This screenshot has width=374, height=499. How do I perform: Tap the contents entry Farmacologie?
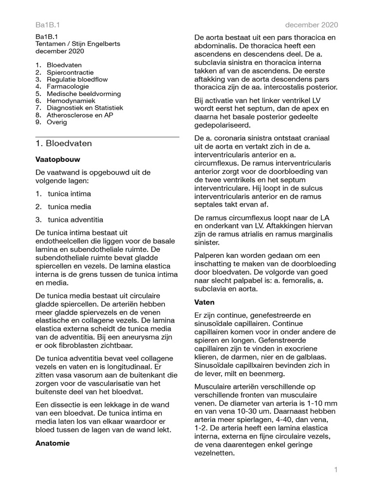click(x=68, y=86)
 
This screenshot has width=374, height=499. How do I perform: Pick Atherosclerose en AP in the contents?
click(x=80, y=115)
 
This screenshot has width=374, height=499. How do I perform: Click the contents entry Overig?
click(x=57, y=122)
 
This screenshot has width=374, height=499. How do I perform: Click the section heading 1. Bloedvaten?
click(x=63, y=144)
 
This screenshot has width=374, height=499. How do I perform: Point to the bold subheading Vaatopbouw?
click(x=57, y=159)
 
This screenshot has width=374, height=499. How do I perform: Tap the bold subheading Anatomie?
click(x=53, y=443)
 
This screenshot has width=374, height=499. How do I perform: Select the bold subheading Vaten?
click(x=205, y=302)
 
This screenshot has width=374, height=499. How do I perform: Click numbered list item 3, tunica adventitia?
click(x=75, y=219)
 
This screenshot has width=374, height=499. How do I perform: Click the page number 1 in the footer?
click(x=336, y=469)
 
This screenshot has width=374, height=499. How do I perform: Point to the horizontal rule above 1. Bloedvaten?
click(x=108, y=137)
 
